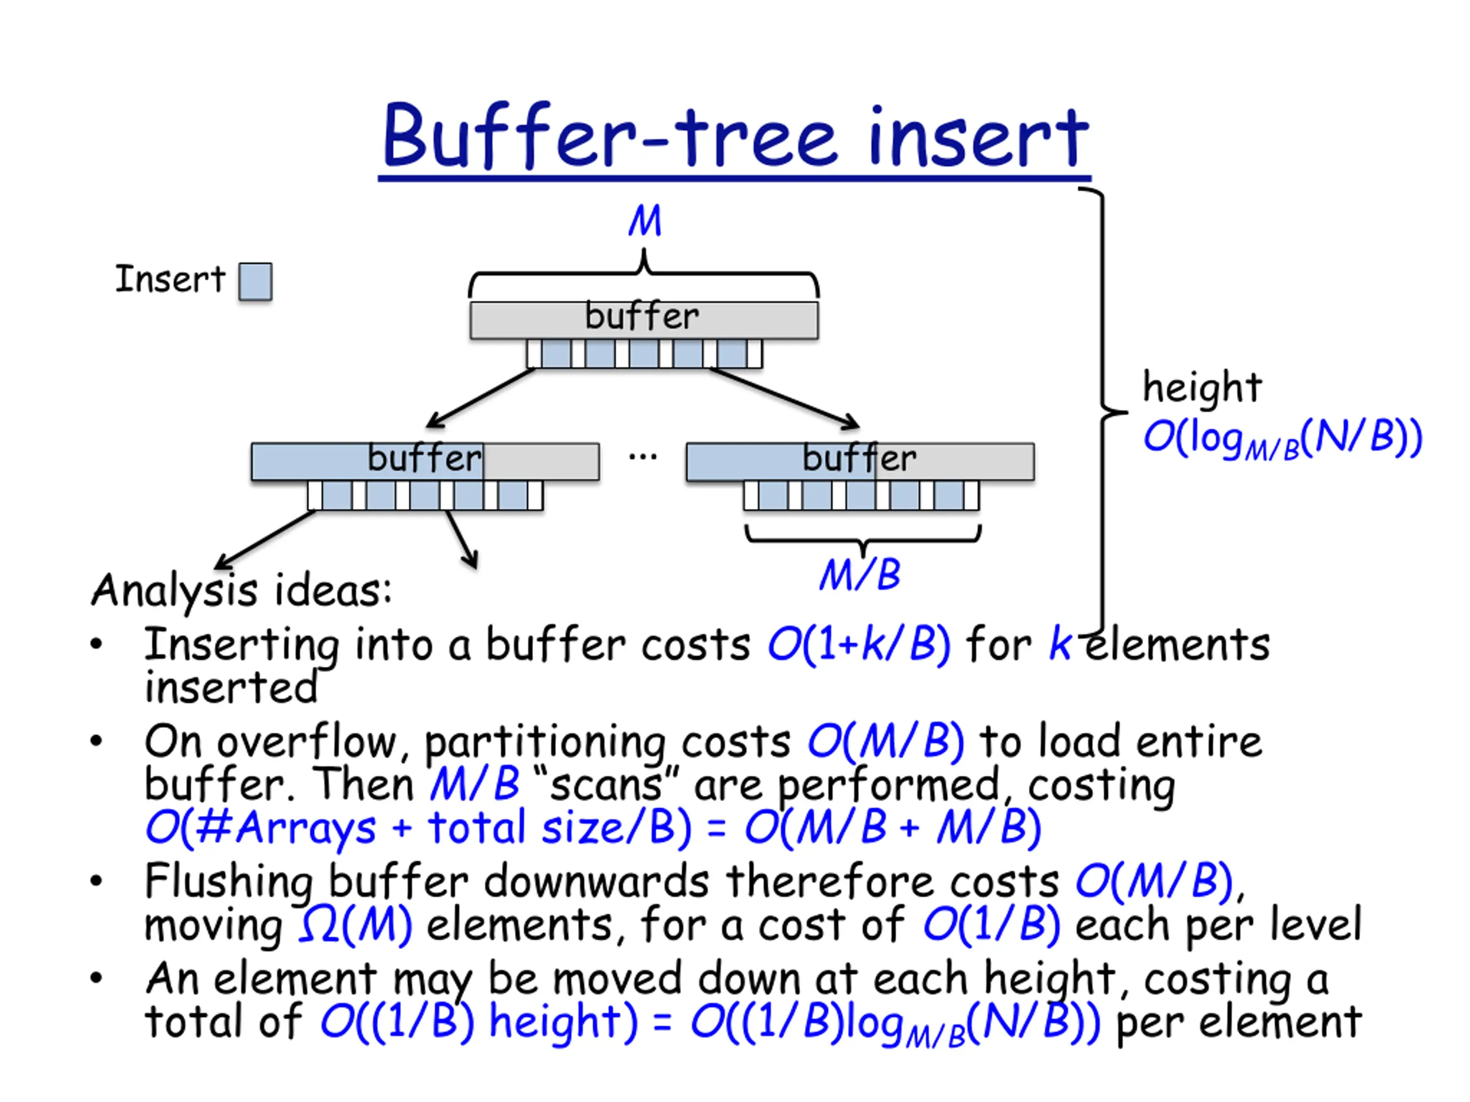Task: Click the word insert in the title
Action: [978, 135]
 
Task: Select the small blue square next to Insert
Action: [255, 282]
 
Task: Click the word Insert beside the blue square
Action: [170, 278]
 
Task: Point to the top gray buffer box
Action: [644, 320]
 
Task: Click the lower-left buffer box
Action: [425, 461]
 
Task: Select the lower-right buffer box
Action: [860, 461]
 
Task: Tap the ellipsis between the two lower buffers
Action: [643, 457]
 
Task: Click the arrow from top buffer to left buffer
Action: [481, 397]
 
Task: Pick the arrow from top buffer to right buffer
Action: [784, 397]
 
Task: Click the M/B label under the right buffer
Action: [860, 575]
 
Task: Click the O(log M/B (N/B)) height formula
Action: [1282, 439]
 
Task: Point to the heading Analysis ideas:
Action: [241, 591]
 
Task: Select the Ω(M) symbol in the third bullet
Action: [355, 925]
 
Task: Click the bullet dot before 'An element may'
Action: [96, 978]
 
